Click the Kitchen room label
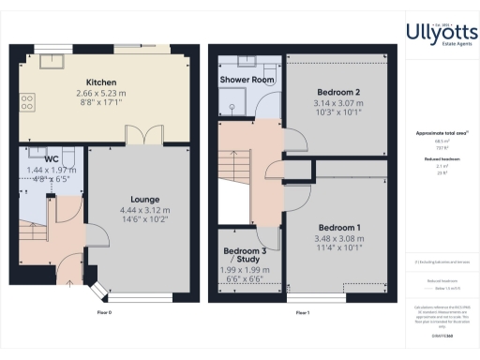tap(100, 82)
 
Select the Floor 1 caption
tap(302, 312)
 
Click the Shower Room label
tap(247, 81)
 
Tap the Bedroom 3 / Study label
tap(246, 256)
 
